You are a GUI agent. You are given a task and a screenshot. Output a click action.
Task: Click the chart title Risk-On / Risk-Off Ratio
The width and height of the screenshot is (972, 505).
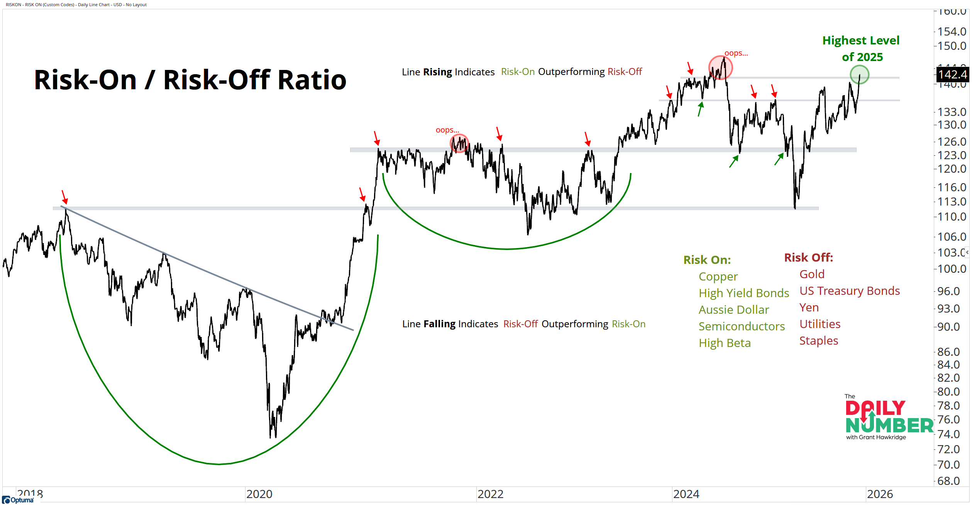190,80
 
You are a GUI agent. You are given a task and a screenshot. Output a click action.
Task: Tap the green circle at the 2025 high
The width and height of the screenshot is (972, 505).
859,75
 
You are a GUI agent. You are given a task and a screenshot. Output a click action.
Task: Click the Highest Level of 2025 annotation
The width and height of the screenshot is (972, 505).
861,49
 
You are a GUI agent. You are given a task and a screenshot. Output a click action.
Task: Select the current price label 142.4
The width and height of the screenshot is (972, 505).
953,75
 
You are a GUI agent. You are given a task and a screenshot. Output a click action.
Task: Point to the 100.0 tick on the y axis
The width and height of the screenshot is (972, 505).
952,269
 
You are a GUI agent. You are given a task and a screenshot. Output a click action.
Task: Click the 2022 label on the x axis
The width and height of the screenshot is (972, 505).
490,494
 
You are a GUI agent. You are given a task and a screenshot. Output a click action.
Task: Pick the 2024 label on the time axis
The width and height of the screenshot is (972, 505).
686,494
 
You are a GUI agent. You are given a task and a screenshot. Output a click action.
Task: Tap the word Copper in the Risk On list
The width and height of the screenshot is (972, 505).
718,277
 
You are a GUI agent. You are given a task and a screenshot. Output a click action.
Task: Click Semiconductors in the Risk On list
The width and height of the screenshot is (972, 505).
742,326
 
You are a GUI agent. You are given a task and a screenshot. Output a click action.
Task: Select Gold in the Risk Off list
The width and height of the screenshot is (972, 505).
812,274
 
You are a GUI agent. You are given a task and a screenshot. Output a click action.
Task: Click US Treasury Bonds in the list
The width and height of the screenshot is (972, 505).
849,291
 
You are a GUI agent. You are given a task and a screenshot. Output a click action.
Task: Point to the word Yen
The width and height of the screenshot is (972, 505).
809,308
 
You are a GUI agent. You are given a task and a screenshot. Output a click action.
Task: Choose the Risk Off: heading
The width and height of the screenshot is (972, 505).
808,258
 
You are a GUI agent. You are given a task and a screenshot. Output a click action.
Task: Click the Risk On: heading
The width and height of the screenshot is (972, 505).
707,260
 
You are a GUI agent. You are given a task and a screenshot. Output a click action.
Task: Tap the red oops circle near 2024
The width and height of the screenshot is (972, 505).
720,68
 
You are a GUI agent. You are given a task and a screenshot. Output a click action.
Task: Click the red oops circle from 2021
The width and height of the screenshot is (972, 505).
459,143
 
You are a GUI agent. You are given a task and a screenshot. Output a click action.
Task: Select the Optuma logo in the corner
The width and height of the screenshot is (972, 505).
18,500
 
